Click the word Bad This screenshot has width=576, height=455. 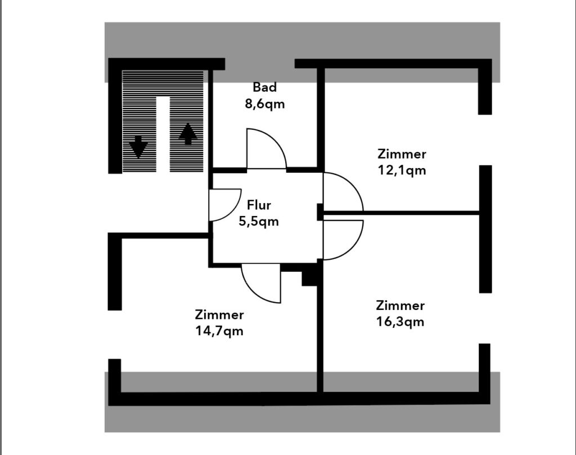(264, 87)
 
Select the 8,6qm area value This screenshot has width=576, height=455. (264, 104)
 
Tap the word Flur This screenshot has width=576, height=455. (259, 205)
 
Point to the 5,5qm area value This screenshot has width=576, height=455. (259, 222)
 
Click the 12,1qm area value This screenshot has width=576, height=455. (402, 170)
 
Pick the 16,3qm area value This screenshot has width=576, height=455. (400, 322)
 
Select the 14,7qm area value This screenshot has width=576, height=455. (219, 331)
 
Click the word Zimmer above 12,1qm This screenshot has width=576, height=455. (402, 154)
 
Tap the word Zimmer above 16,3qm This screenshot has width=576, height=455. (400, 305)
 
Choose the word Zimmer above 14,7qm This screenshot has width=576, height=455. (219, 315)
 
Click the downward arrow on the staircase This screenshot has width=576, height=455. (138, 147)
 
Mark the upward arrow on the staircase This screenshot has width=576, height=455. (188, 134)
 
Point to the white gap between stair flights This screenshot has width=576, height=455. (163, 134)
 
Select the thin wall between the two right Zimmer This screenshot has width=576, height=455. (402, 213)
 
